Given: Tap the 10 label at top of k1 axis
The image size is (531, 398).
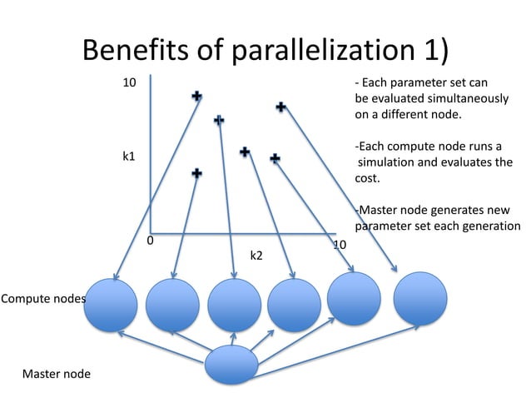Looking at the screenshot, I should pyautogui.click(x=130, y=83).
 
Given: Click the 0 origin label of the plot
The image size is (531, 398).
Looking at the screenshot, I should pyautogui.click(x=150, y=241).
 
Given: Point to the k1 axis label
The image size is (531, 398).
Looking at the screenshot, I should pyautogui.click(x=129, y=156).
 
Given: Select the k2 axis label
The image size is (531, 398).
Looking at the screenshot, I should pyautogui.click(x=257, y=256).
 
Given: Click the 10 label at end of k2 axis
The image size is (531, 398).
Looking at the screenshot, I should pyautogui.click(x=340, y=245).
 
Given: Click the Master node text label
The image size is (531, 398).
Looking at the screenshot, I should pyautogui.click(x=57, y=374).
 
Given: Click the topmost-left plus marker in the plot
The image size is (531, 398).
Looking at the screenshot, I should pyautogui.click(x=196, y=97).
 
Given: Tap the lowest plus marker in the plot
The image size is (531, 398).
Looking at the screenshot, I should pyautogui.click(x=196, y=172).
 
